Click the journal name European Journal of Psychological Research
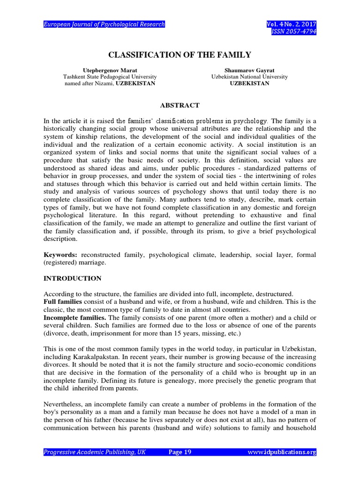[104, 24]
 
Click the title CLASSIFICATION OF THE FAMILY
[180, 55]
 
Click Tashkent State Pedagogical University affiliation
[110, 76]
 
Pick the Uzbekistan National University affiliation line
[249, 76]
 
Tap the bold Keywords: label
[60, 255]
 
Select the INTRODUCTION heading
[72, 278]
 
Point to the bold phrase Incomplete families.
[74, 318]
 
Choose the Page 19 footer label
[180, 452]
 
